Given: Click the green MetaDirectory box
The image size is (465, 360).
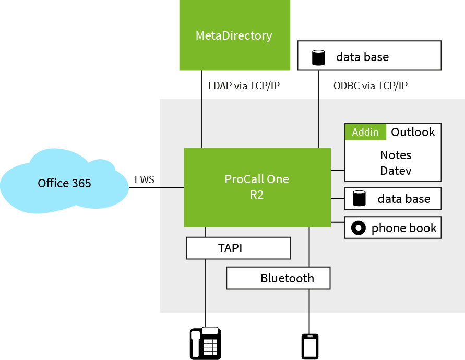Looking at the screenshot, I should click(x=234, y=35).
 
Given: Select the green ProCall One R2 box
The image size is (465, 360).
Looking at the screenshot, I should click(x=257, y=187).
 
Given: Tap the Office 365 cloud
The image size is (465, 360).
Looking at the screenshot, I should click(x=64, y=183).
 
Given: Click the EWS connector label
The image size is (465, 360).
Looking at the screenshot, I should click(x=145, y=181).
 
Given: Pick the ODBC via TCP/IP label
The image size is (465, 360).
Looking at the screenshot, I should click(x=370, y=86).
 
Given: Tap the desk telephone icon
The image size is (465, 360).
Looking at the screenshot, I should click(x=205, y=343).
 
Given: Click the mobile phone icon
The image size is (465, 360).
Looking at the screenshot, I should click(x=310, y=346).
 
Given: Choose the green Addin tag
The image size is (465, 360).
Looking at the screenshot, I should click(x=365, y=132).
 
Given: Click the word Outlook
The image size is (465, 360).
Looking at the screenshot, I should click(x=413, y=132).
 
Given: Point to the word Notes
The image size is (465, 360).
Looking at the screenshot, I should click(x=396, y=155).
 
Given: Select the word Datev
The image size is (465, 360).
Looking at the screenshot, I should click(x=396, y=171).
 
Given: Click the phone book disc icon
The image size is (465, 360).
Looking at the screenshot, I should click(x=359, y=228).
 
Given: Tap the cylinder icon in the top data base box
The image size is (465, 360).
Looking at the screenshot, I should click(x=318, y=57).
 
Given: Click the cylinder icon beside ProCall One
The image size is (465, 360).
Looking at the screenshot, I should click(x=359, y=198).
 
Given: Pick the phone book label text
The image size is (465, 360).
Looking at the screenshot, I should click(x=404, y=228).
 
